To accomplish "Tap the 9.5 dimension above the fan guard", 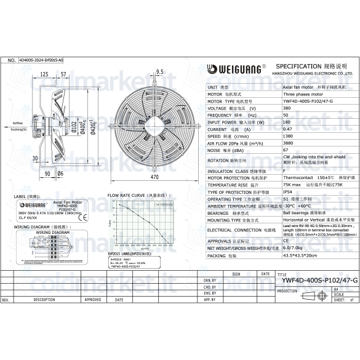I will point(159,73).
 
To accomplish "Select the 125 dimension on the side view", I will point(45,74).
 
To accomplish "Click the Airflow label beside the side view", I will point(18,124).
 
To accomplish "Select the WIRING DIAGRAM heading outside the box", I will point(31,226).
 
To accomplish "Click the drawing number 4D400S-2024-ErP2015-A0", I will point(41,61).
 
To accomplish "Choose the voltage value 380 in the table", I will point(286,108).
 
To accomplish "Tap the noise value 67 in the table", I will point(286,150).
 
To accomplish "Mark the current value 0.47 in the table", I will point(287,129).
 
